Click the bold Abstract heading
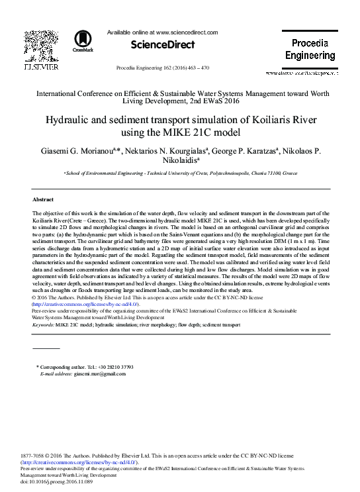[42, 199]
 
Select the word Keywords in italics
[43, 325]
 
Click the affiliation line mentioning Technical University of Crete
[180, 173]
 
